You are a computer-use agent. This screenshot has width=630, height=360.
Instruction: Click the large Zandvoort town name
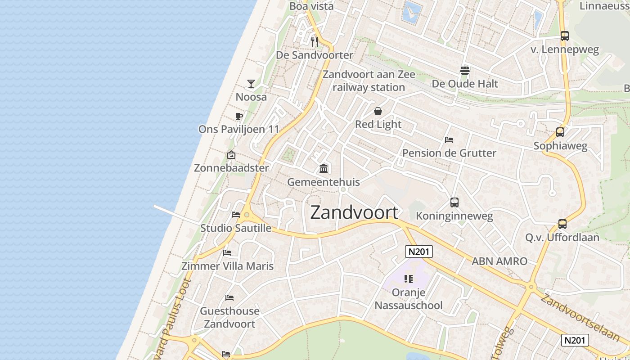click(x=354, y=212)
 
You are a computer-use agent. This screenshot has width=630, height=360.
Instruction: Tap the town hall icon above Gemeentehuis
click(x=323, y=169)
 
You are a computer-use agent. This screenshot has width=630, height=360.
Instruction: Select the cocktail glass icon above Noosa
click(x=251, y=84)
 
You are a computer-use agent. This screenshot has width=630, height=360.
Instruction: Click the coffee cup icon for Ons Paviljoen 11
click(x=239, y=117)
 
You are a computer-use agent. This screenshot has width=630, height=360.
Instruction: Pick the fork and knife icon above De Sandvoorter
click(x=315, y=42)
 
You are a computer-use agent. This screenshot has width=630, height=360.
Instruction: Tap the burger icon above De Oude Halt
click(x=465, y=70)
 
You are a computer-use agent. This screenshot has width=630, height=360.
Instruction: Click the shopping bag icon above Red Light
click(x=378, y=111)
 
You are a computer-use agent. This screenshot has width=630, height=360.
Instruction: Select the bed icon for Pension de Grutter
click(x=449, y=140)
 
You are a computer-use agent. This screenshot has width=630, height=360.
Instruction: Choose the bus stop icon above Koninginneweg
click(x=454, y=202)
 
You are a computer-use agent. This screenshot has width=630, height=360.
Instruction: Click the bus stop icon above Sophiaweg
click(x=560, y=132)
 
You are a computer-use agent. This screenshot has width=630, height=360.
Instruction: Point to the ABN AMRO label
click(x=499, y=261)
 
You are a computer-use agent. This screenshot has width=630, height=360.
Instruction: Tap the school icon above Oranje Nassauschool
click(x=409, y=279)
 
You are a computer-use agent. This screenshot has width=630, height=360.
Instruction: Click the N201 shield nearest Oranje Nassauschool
click(x=419, y=252)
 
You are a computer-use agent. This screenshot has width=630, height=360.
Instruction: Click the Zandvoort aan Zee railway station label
click(x=369, y=81)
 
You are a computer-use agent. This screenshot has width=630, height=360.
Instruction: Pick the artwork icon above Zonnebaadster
click(x=231, y=155)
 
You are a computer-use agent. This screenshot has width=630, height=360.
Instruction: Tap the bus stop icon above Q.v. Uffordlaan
click(x=562, y=224)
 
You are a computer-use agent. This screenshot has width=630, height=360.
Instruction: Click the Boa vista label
click(x=311, y=6)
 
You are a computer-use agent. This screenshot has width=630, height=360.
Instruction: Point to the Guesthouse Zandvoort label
click(x=229, y=317)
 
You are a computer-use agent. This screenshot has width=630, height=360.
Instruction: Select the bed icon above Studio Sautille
click(x=235, y=215)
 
